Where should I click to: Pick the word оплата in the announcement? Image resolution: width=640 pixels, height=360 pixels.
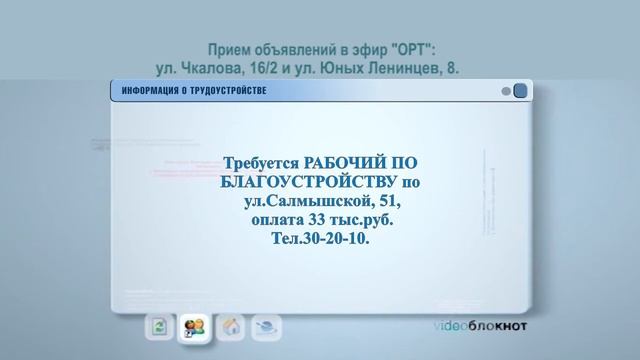pyautogui.click(x=284, y=221)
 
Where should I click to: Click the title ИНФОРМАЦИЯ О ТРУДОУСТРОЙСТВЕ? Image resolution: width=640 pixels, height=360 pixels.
pyautogui.click(x=194, y=92)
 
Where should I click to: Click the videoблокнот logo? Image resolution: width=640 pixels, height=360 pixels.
pyautogui.click(x=480, y=327)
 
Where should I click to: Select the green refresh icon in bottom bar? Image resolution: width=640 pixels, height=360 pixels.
pyautogui.click(x=159, y=326)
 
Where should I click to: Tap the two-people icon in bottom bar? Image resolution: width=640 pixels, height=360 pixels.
pyautogui.click(x=193, y=326)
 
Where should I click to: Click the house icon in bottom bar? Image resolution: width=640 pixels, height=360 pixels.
pyautogui.click(x=231, y=326)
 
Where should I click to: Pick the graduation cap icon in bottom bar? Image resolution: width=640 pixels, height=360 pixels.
pyautogui.click(x=267, y=326)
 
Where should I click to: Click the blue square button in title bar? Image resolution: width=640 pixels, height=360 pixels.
pyautogui.click(x=520, y=92)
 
